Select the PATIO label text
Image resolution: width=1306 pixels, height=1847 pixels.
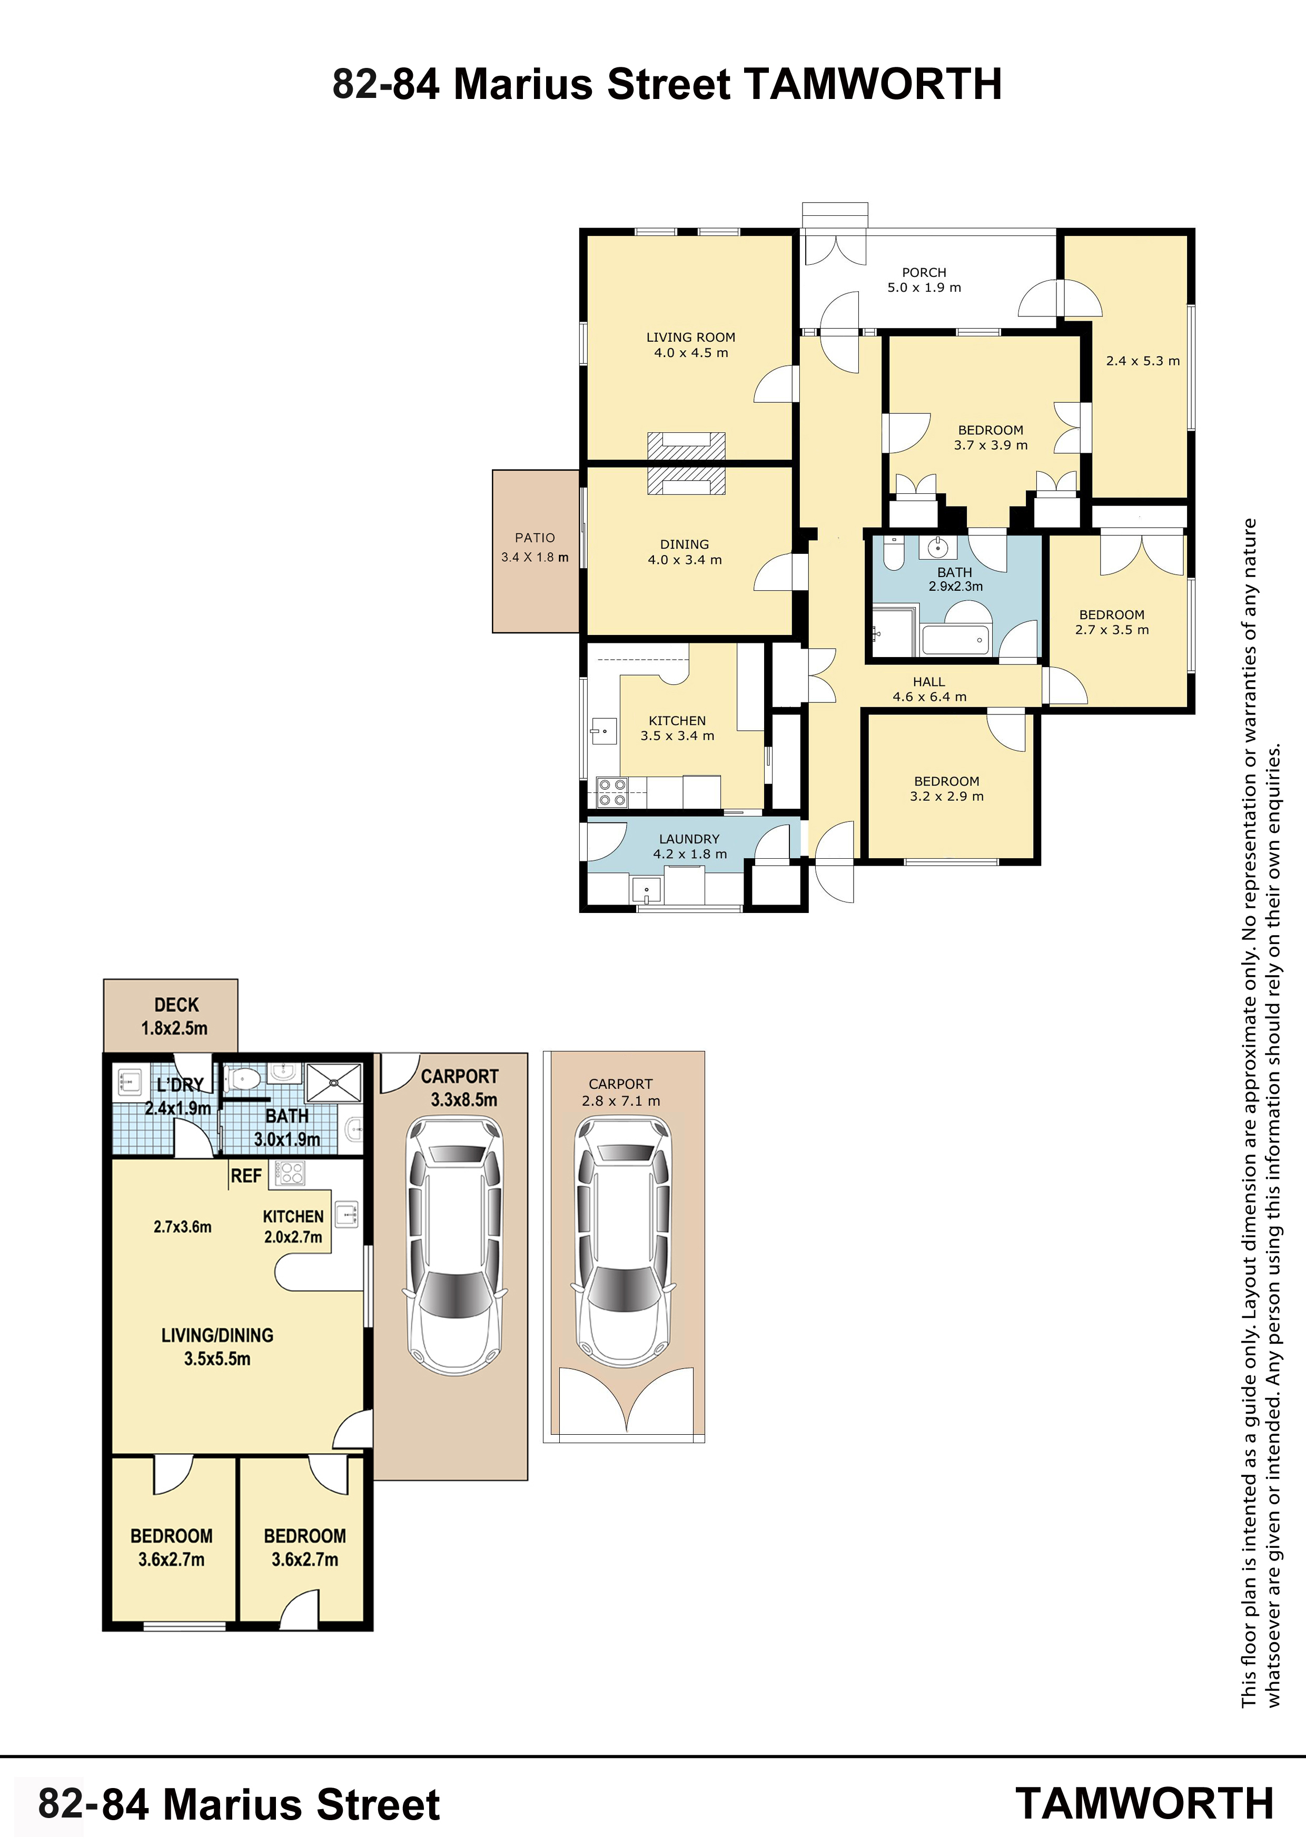(x=535, y=538)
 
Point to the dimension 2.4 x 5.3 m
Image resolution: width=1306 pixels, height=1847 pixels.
(x=1143, y=361)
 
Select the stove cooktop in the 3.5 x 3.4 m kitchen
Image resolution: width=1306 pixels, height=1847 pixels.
(x=611, y=792)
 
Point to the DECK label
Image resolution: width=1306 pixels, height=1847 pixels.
(x=176, y=1005)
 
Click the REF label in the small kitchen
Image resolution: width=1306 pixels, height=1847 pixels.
(x=246, y=1176)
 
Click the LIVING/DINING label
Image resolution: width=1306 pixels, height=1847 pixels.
(x=217, y=1335)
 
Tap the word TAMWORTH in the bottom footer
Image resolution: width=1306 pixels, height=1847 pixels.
(x=1144, y=1803)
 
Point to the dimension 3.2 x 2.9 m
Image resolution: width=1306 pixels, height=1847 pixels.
(x=947, y=797)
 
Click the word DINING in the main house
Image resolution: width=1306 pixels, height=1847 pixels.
(x=685, y=544)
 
